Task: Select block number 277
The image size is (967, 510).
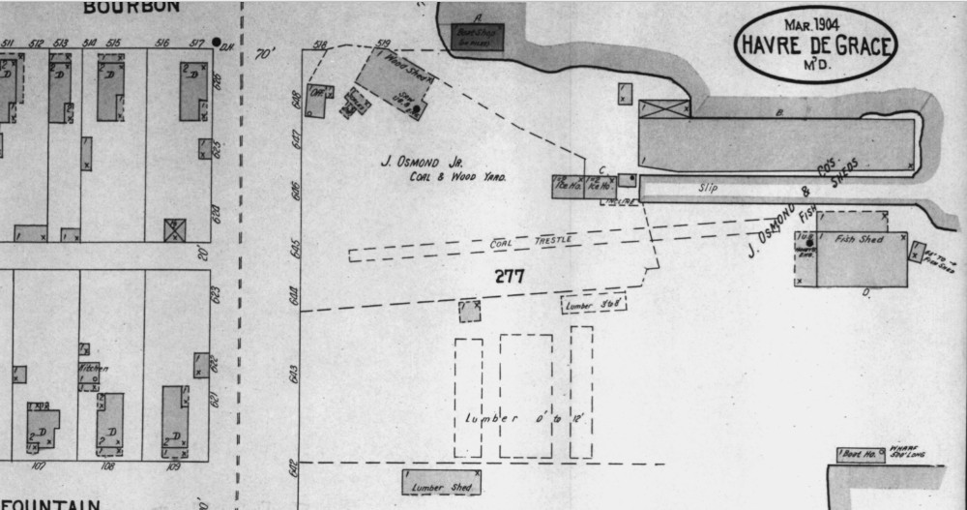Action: [x=509, y=276]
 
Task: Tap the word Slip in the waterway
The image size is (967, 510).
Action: [x=711, y=187]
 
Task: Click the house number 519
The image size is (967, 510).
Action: [x=383, y=44]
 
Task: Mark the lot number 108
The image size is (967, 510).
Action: [x=107, y=466]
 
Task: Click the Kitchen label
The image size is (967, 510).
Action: [x=93, y=369]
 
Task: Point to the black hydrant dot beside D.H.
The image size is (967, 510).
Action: [x=216, y=44]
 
